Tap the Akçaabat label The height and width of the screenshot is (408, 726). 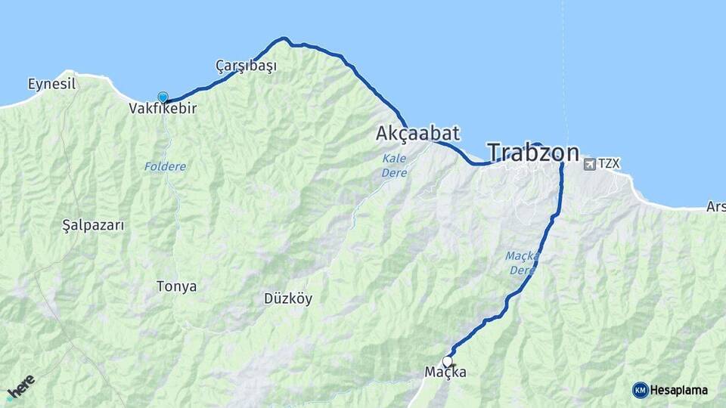(x=417, y=134)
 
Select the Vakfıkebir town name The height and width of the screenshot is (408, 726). (x=163, y=109)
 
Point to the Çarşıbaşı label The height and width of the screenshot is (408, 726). (x=246, y=66)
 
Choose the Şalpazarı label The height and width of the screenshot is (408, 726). (x=93, y=225)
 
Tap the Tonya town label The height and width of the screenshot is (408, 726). (x=176, y=286)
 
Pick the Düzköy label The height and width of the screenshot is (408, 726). (x=287, y=298)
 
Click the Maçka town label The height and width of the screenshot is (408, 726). (x=445, y=372)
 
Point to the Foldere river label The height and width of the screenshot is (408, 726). (x=165, y=165)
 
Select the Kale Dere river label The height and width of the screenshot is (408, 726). (x=394, y=166)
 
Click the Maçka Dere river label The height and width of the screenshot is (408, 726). (x=523, y=263)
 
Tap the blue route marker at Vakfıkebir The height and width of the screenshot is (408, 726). (x=163, y=97)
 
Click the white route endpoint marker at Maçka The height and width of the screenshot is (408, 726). (x=448, y=361)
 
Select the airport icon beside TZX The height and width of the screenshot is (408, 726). (x=589, y=163)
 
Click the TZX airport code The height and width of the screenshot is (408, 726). (x=608, y=163)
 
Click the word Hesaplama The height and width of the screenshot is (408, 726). (x=678, y=390)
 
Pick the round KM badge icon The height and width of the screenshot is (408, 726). (x=640, y=390)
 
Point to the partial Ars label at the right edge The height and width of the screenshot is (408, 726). (x=715, y=206)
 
